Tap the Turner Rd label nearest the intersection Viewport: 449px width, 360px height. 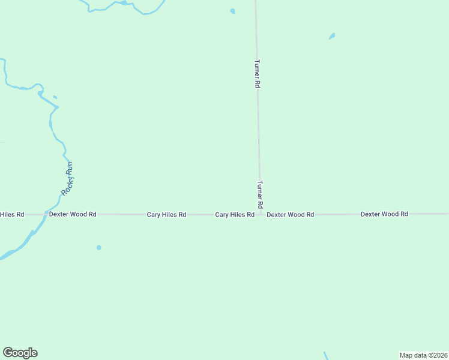click(x=260, y=194)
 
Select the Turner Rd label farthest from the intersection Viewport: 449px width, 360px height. click(x=257, y=74)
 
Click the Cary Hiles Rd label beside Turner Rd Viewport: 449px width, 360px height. click(x=235, y=214)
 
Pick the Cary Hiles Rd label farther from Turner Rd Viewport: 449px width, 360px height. click(x=166, y=214)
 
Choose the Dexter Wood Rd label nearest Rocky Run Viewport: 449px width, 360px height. click(x=73, y=214)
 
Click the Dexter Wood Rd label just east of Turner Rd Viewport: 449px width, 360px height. click(x=291, y=214)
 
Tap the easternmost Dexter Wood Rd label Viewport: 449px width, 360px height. click(x=384, y=214)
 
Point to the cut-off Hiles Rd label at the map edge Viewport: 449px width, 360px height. click(x=12, y=214)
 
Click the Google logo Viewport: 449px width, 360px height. click(x=20, y=353)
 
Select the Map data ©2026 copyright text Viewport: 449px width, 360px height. click(x=423, y=355)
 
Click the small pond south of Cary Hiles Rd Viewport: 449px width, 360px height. click(x=98, y=247)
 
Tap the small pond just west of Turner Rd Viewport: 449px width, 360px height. click(x=232, y=11)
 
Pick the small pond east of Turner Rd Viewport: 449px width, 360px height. click(x=331, y=37)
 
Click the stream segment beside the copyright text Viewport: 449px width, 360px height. click(x=326, y=356)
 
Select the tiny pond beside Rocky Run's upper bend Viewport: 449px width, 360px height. click(x=55, y=97)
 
